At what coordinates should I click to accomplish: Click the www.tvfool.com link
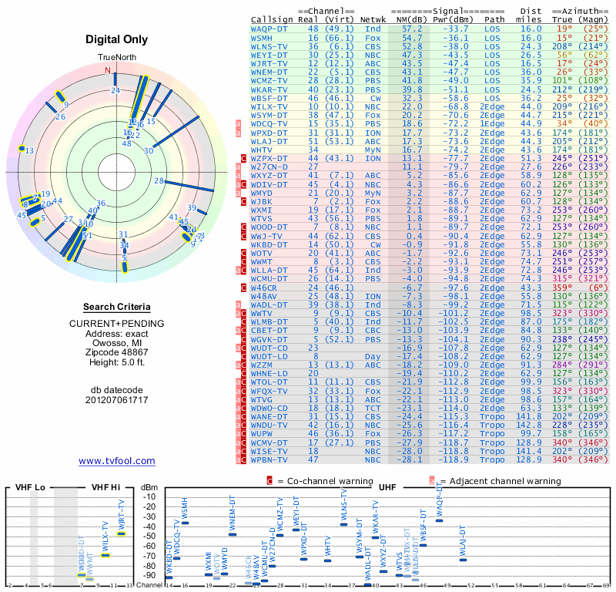pyautogui.click(x=117, y=461)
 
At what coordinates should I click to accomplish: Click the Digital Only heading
pyautogui.click(x=117, y=39)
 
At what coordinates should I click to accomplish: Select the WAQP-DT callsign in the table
pyautogui.click(x=270, y=29)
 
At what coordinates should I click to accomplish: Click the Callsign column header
pyautogui.click(x=273, y=18)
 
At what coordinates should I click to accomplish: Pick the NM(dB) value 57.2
pyautogui.click(x=412, y=29)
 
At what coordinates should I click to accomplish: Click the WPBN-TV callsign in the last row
pyautogui.click(x=270, y=459)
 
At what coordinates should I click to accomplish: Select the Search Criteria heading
pyautogui.click(x=117, y=307)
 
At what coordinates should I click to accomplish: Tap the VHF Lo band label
pyautogui.click(x=31, y=487)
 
